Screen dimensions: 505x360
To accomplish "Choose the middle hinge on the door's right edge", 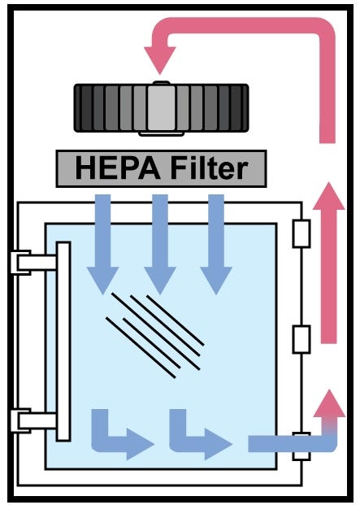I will (301, 339).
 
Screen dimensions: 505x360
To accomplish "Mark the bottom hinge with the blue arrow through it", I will (301, 443).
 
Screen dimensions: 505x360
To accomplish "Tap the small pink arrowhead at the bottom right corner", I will (328, 404).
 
